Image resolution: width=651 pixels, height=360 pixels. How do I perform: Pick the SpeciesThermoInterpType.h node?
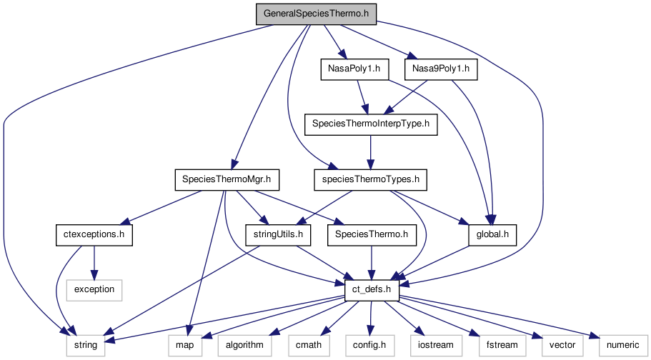(370, 124)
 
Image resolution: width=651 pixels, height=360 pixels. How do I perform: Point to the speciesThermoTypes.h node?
(370, 179)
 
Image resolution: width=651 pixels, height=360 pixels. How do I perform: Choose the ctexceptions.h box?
(93, 234)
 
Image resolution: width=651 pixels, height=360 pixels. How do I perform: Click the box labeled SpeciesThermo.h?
(372, 234)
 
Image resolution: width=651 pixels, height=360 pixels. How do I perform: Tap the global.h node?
(492, 234)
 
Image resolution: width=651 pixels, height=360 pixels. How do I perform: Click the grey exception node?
(93, 289)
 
